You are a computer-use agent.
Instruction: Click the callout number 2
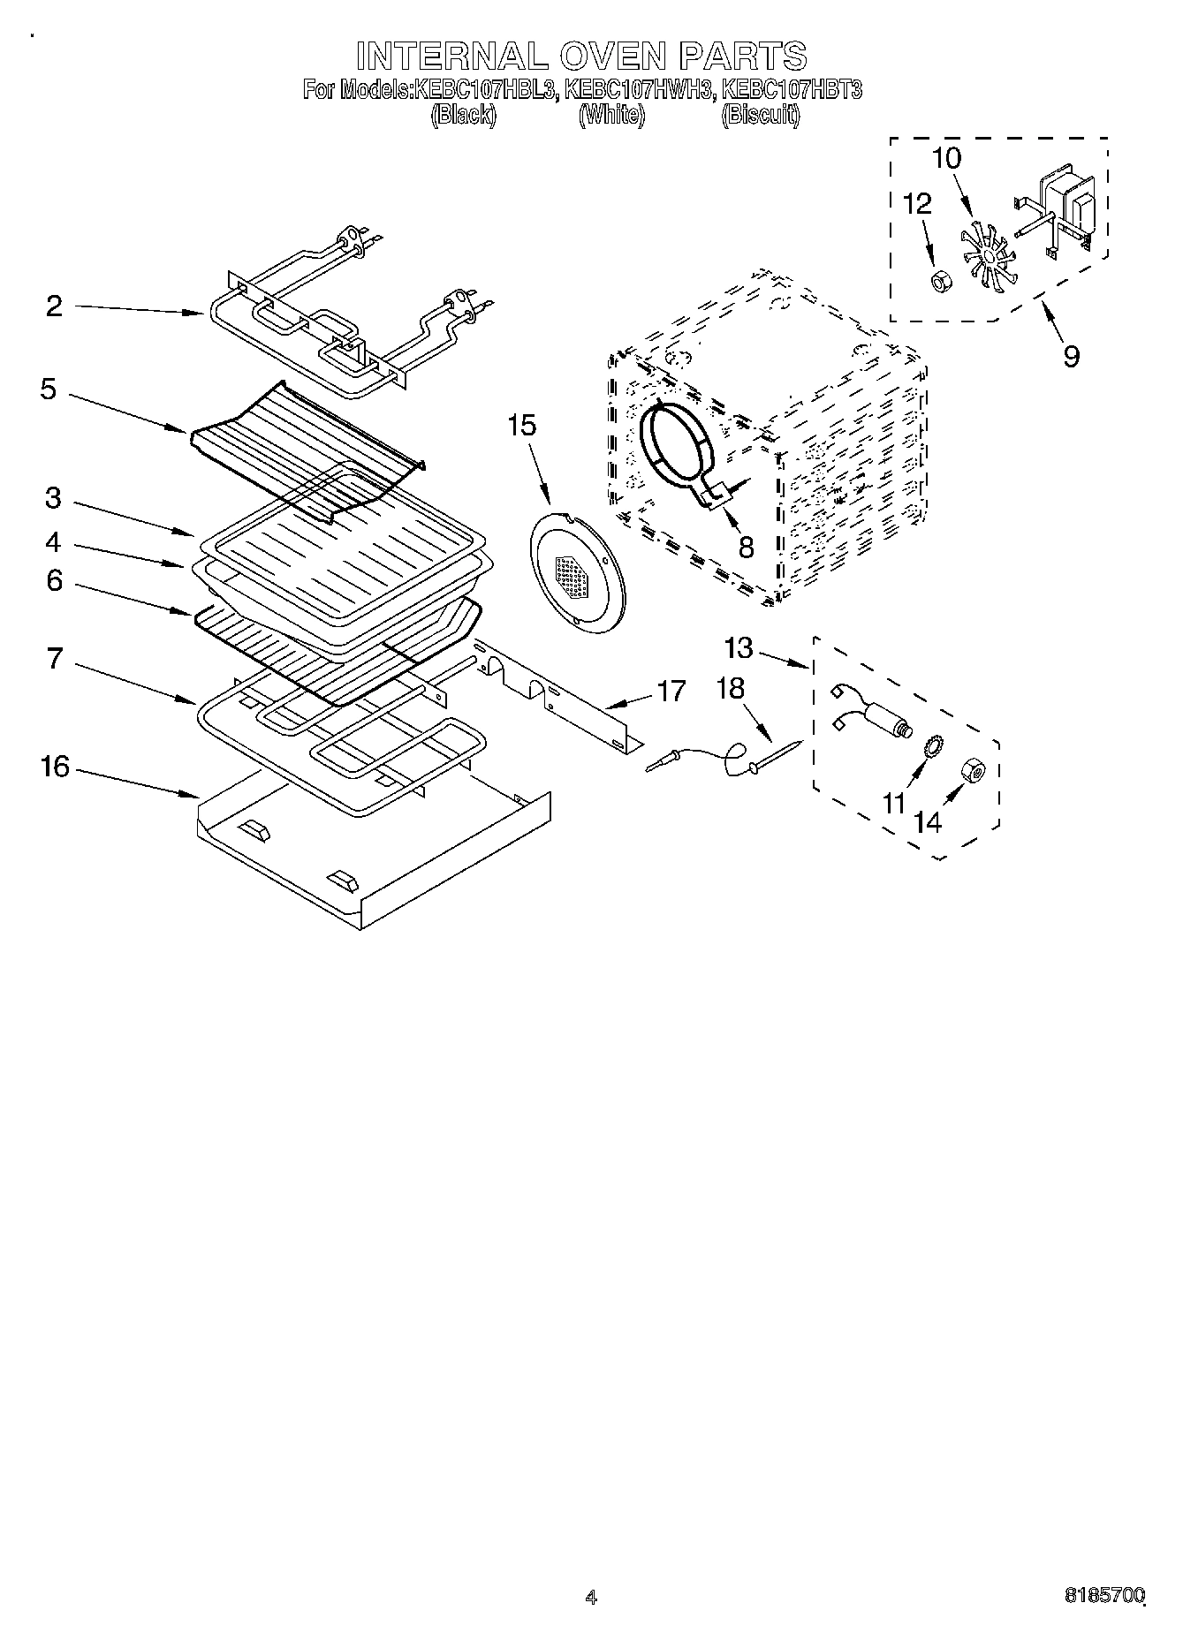point(55,306)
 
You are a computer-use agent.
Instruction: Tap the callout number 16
point(55,766)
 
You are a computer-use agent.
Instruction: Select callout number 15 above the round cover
point(521,425)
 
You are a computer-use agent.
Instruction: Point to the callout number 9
point(1071,356)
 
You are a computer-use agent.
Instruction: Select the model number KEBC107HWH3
point(638,89)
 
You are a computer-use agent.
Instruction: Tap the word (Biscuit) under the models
point(760,115)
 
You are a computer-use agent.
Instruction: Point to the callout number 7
point(55,658)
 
